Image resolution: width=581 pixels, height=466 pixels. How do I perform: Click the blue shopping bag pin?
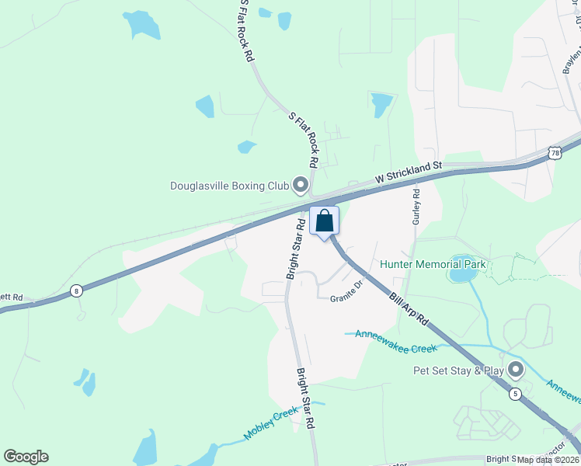click(x=325, y=221)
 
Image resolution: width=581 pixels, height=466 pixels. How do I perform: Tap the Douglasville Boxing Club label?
click(x=229, y=186)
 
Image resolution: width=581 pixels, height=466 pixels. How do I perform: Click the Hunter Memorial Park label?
click(x=433, y=264)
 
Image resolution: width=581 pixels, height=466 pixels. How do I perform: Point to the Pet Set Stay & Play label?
click(x=458, y=370)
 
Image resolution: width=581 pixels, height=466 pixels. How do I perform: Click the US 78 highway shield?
click(x=555, y=154)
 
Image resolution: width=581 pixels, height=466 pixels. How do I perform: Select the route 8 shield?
click(x=76, y=291)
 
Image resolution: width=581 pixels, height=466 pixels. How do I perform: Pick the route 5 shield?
click(x=515, y=395)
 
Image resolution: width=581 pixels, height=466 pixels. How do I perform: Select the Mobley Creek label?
click(x=270, y=424)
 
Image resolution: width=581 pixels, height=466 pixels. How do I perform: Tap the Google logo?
click(x=26, y=457)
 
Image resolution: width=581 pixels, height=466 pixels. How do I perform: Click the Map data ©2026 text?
click(x=548, y=460)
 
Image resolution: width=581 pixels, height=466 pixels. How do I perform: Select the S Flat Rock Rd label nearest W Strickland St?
click(x=304, y=140)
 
